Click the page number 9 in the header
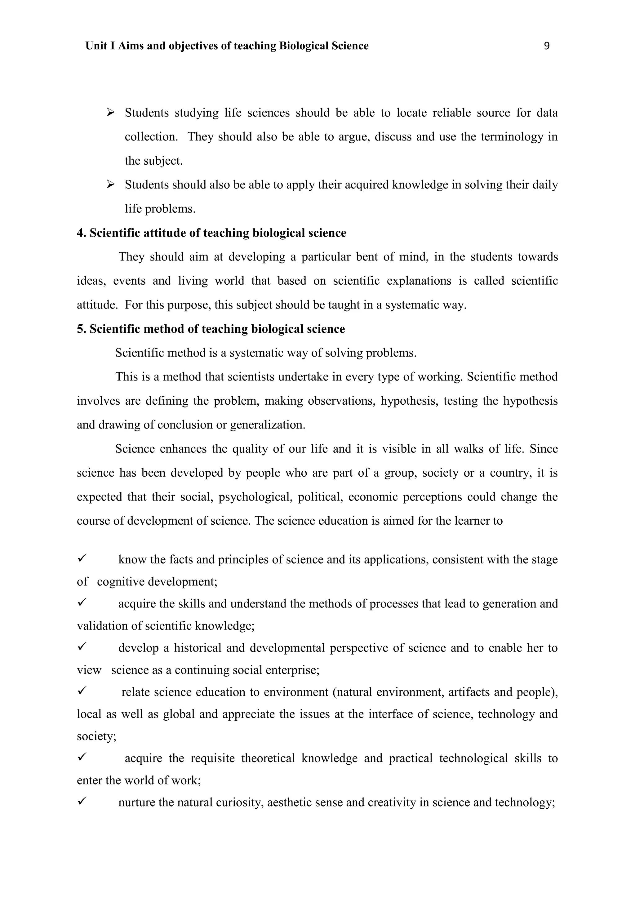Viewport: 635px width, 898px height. click(x=547, y=46)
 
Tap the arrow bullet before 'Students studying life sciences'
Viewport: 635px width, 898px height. click(x=110, y=113)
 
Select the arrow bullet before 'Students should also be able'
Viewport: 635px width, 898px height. click(x=110, y=184)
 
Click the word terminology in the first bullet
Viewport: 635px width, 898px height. click(x=512, y=137)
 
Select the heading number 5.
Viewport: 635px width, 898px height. click(x=81, y=329)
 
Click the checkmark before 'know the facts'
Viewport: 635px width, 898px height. click(x=82, y=559)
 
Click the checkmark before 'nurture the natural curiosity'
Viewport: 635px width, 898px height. click(x=82, y=802)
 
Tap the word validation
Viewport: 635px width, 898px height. click(x=102, y=626)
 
